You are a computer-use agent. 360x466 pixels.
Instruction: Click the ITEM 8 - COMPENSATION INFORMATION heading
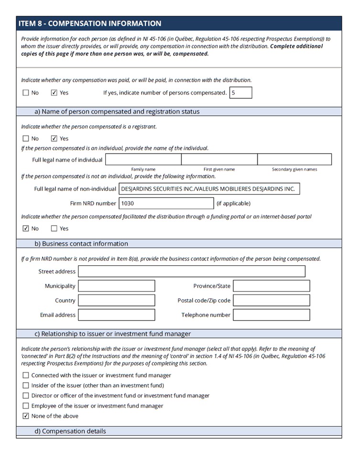89,23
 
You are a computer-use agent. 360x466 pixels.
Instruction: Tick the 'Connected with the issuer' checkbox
26,376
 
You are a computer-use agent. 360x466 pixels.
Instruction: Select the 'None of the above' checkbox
26,416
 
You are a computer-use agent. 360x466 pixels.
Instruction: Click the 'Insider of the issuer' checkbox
26,386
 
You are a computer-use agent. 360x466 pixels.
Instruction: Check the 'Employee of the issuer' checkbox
26,406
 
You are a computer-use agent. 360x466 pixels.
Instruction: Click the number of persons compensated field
240,93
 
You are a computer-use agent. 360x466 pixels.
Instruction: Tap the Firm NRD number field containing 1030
166,203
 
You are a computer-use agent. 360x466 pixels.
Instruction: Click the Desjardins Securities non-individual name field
209,189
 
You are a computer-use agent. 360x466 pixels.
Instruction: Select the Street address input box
191,271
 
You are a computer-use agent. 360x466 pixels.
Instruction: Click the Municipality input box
116,286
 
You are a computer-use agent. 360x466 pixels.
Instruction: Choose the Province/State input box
271,286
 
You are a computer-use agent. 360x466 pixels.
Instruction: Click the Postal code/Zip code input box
271,301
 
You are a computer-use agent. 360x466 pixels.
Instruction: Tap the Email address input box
116,315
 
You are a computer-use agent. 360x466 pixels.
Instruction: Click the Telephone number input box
271,315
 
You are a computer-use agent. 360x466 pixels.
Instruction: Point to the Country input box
116,301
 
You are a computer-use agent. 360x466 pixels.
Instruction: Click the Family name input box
143,160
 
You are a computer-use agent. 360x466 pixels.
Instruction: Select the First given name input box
219,160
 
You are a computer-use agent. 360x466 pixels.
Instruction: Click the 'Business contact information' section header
81,244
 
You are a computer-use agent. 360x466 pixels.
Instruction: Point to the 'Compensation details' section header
70,431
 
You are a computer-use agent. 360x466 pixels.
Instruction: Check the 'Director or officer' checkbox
26,396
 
